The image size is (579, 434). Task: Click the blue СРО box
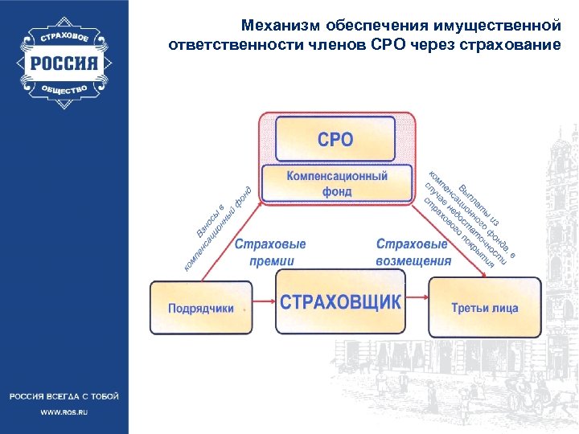(x=335, y=139)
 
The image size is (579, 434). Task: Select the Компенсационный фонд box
(x=337, y=184)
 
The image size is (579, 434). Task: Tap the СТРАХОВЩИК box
(x=339, y=303)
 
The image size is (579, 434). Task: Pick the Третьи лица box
(x=484, y=307)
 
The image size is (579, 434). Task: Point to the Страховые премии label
(x=270, y=252)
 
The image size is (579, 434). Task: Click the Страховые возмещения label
(x=413, y=252)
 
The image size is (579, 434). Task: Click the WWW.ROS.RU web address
(x=64, y=411)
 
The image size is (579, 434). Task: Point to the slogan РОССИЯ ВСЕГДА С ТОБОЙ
(x=64, y=396)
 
